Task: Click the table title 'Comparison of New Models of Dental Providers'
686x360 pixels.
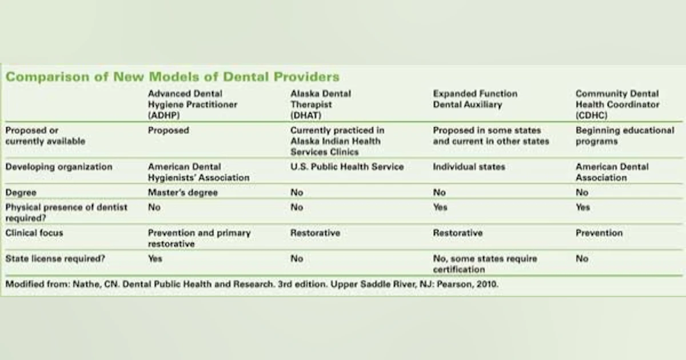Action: point(172,77)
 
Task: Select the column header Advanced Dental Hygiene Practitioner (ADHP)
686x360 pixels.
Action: point(192,104)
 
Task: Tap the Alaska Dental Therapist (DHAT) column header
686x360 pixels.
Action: point(321,104)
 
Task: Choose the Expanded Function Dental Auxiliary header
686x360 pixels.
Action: point(474,99)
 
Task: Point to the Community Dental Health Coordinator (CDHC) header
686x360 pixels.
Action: point(617,104)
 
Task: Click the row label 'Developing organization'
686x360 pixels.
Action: point(59,167)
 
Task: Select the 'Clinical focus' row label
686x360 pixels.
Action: point(34,233)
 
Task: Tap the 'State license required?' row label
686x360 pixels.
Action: point(55,259)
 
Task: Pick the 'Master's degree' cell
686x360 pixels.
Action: point(182,193)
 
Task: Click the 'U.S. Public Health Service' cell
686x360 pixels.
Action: point(346,167)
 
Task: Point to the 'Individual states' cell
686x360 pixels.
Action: point(469,167)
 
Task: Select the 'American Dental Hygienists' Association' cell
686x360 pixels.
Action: point(198,172)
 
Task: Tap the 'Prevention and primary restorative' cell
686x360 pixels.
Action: point(199,238)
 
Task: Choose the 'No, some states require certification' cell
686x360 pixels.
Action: point(485,264)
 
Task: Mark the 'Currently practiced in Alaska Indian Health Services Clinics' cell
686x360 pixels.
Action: point(337,141)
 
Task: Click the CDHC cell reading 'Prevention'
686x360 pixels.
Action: point(599,233)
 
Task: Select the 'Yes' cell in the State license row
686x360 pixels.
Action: point(155,259)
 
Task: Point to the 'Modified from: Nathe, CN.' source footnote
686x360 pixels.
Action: point(252,284)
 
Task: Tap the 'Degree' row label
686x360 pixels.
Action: point(21,193)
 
